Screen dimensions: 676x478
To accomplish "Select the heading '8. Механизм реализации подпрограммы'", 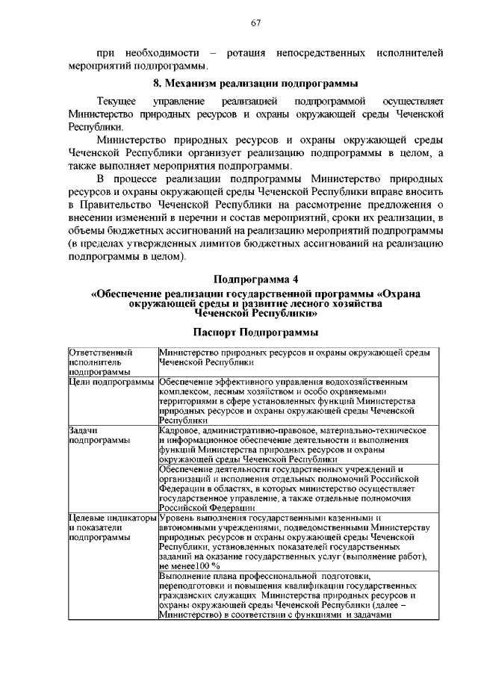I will click(255, 81).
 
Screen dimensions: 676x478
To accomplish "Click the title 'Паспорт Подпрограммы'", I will click(255, 331).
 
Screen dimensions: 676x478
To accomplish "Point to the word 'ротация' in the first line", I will click(249, 53).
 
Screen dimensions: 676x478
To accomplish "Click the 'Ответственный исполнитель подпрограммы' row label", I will click(101, 360).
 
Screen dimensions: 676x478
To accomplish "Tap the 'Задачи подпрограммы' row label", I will click(97, 435).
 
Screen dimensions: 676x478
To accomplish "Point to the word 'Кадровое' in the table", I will click(181, 430).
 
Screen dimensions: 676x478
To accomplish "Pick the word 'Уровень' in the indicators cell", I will click(179, 517).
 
